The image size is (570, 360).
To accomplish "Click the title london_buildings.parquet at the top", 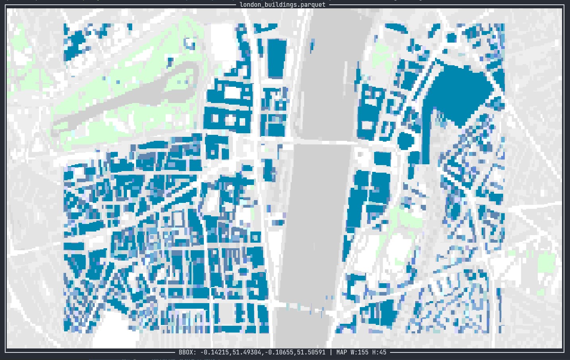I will [282, 5].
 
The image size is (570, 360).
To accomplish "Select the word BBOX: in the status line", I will [187, 352].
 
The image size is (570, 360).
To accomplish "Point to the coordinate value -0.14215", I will [215, 352].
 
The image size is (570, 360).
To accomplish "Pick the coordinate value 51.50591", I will [309, 352].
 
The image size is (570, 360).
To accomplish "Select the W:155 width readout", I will [359, 352].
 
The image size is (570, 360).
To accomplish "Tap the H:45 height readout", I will [379, 352].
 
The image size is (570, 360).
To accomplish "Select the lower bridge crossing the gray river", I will [306, 307].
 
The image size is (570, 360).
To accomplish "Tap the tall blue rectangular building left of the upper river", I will [277, 58].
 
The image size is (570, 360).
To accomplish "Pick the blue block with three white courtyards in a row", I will [227, 119].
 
